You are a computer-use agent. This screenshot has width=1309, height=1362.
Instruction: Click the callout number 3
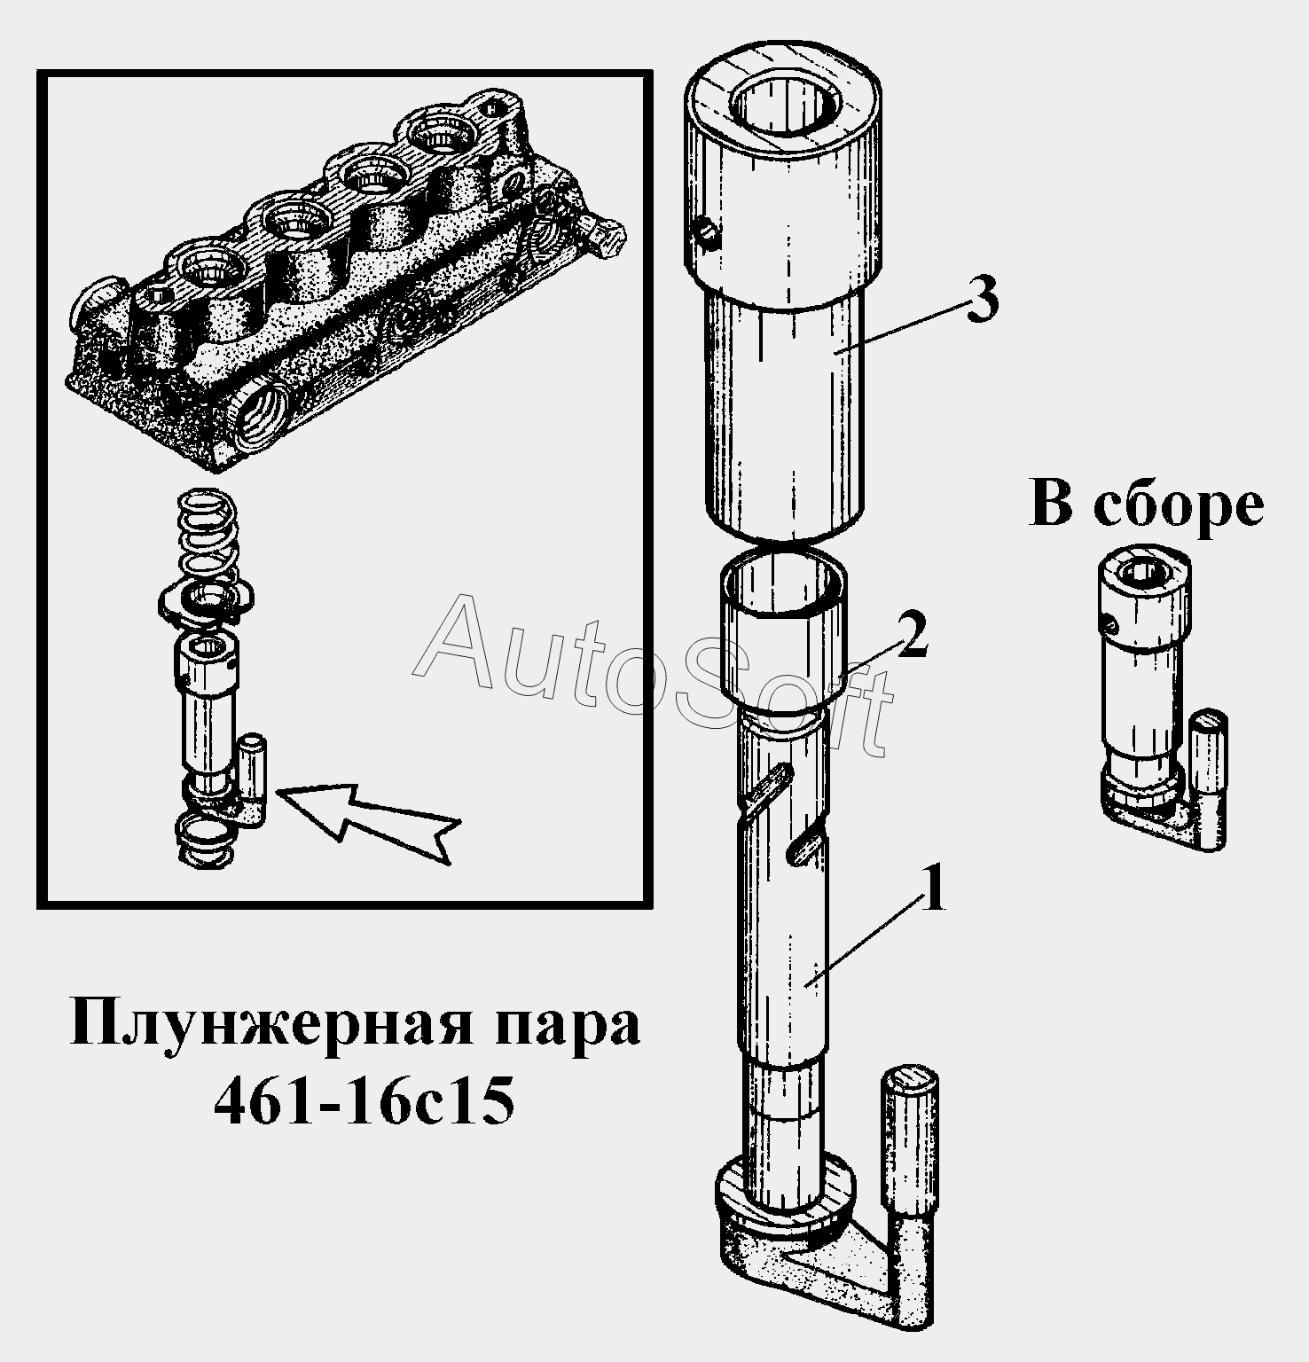[980, 299]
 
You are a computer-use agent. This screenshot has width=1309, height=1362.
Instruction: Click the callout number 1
[932, 890]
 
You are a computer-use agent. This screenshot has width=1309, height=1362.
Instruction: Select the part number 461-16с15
[364, 1103]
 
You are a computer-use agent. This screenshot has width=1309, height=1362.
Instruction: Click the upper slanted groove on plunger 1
[769, 788]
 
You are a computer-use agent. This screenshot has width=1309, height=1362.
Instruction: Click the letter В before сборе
[1051, 506]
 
